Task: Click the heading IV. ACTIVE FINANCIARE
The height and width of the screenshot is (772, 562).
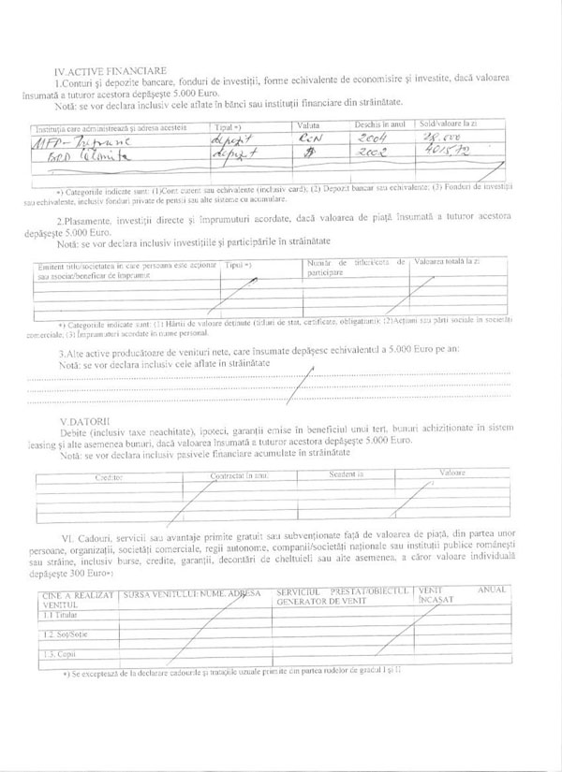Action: coord(111,69)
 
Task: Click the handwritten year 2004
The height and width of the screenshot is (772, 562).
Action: coord(378,139)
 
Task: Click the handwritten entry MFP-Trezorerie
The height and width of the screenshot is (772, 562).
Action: coord(80,140)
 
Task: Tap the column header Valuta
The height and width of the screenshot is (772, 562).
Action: coord(309,124)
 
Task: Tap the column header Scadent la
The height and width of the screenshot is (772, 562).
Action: coord(347,474)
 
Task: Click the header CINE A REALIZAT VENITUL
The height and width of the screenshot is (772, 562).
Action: coord(77,598)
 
